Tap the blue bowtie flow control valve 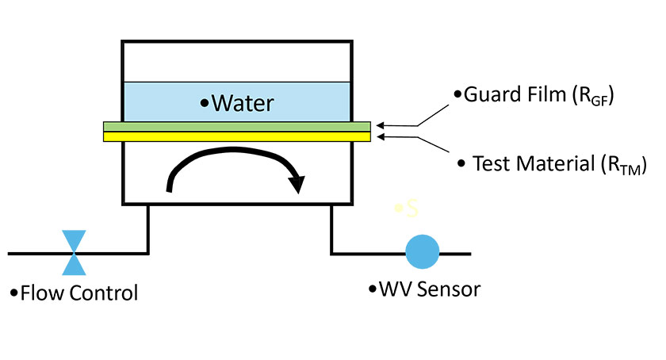[75, 252]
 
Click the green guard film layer [236, 125]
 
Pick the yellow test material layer [236, 136]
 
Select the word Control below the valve [102, 293]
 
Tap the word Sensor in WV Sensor [451, 289]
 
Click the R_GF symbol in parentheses [594, 98]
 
